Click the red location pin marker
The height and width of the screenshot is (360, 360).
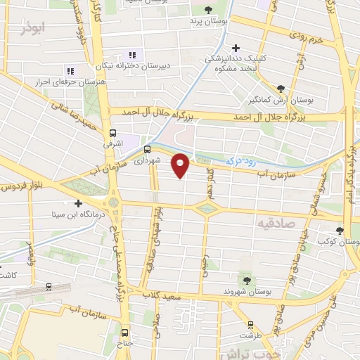[181, 165]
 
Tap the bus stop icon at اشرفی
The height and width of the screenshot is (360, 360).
[113, 132]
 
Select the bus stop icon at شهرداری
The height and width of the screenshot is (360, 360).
[147, 149]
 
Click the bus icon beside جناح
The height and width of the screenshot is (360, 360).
[125, 333]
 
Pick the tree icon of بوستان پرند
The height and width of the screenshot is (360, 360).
[209, 9]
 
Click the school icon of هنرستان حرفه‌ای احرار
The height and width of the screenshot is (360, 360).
[69, 72]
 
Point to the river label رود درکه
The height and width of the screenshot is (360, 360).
[240, 162]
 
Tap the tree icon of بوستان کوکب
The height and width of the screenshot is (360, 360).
[340, 230]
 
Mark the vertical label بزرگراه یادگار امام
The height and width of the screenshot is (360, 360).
[349, 169]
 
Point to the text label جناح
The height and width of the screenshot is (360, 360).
[125, 344]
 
